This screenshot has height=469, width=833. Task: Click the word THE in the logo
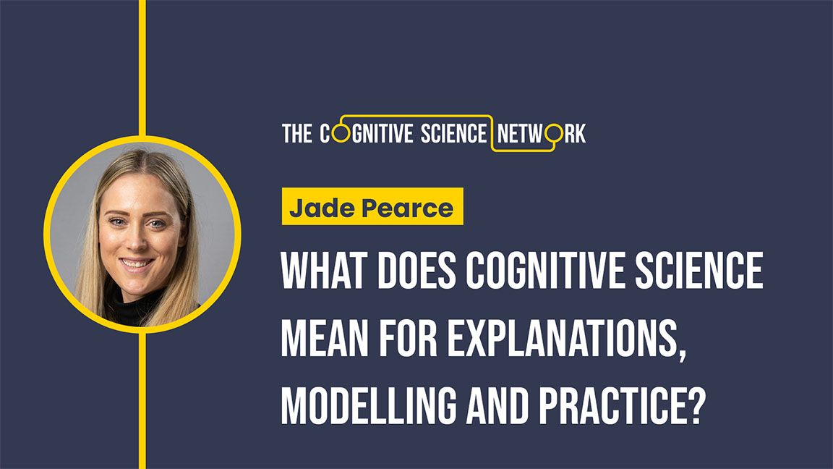pos(297,133)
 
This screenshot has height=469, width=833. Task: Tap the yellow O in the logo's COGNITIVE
pos(341,133)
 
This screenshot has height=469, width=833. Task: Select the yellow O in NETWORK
pos(552,133)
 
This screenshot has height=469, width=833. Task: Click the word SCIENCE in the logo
pos(453,133)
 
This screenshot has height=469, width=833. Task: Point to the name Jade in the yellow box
pos(321,208)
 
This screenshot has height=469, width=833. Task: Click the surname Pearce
pos(407,208)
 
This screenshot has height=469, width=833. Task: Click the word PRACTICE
pos(610,405)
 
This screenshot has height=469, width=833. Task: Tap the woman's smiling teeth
pos(136,263)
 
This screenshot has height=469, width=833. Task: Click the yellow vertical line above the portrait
pos(142,68)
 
